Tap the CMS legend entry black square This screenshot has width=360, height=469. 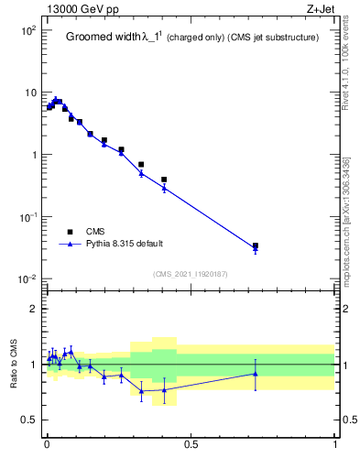click(70, 232)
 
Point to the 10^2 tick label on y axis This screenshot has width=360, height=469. click(27, 30)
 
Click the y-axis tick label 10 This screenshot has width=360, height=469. click(29, 93)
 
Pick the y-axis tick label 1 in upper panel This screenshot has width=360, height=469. click(33, 155)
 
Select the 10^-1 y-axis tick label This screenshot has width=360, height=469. click(27, 217)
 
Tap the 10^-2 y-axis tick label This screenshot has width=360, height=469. click(27, 279)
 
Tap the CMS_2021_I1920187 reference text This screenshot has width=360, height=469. click(191, 274)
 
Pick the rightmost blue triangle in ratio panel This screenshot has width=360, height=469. click(256, 373)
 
